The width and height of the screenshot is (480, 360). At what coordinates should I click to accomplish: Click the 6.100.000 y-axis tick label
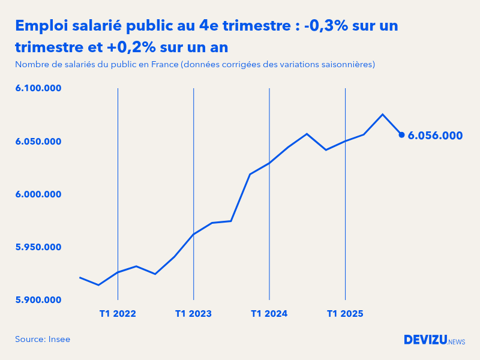pyautogui.click(x=38, y=88)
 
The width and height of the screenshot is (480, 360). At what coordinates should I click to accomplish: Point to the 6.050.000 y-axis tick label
pyautogui.click(x=38, y=142)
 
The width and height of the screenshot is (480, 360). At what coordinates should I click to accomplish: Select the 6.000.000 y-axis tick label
pyautogui.click(x=38, y=194)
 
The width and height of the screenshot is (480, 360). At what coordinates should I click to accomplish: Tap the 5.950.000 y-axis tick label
pyautogui.click(x=38, y=247)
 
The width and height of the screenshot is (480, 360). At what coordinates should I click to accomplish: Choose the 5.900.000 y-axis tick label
pyautogui.click(x=38, y=300)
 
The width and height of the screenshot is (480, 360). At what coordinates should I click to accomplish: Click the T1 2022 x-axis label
pyautogui.click(x=118, y=313)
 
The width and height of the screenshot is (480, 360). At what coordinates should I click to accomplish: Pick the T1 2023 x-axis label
pyautogui.click(x=193, y=313)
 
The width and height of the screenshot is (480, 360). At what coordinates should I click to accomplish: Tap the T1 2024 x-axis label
pyautogui.click(x=269, y=313)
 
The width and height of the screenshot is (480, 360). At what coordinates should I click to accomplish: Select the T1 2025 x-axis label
pyautogui.click(x=344, y=313)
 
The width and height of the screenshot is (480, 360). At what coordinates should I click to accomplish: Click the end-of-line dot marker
pyautogui.click(x=401, y=134)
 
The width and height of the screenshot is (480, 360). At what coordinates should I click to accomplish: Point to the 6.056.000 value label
pyautogui.click(x=435, y=136)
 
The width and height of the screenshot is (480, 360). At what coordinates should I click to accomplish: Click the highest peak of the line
pyautogui.click(x=383, y=114)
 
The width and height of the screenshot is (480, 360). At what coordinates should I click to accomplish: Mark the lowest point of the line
pyautogui.click(x=99, y=285)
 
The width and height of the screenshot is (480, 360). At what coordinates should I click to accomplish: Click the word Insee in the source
pyautogui.click(x=59, y=339)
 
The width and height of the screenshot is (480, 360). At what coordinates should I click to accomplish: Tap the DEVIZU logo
pyautogui.click(x=425, y=340)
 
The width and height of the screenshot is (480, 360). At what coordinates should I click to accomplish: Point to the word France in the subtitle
pyautogui.click(x=160, y=64)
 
